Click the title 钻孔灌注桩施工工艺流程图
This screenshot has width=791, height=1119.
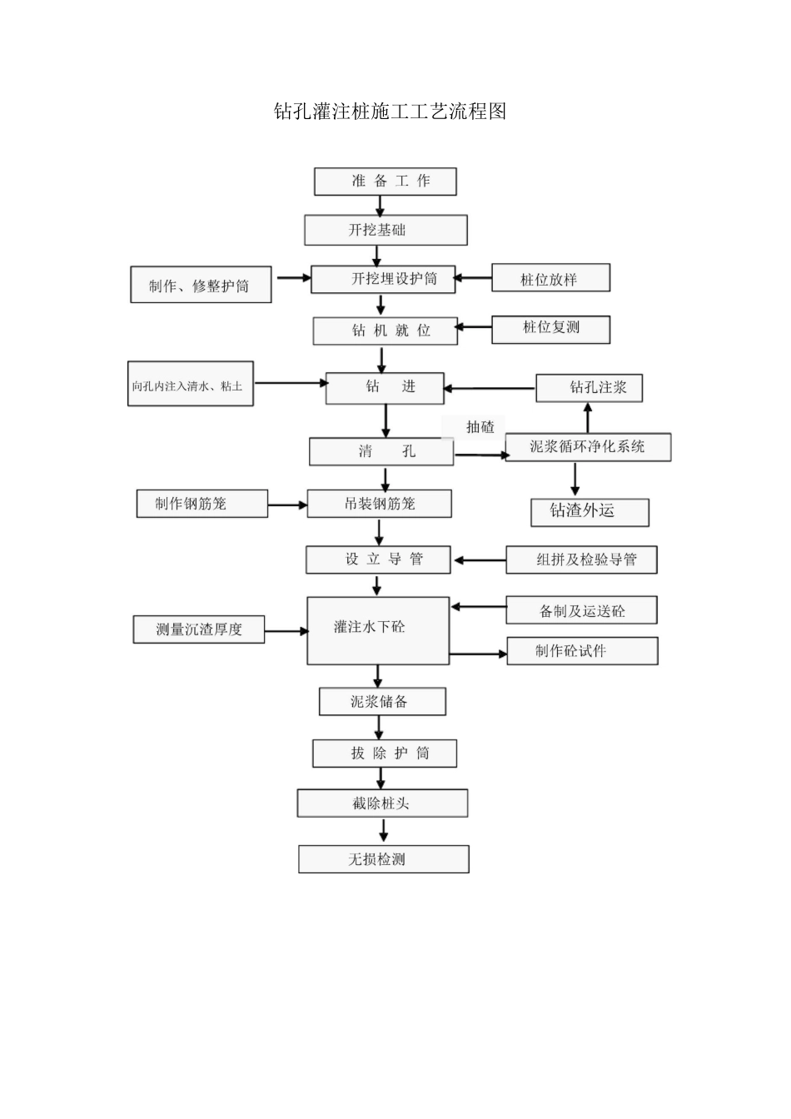tap(390, 112)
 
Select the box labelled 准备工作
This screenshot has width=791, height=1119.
tap(385, 182)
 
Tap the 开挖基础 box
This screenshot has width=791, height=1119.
tap(385, 231)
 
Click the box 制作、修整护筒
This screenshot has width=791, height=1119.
tap(201, 286)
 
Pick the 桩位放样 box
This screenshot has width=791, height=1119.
tap(550, 278)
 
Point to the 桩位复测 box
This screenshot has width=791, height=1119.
tap(550, 329)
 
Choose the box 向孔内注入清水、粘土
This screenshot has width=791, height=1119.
tap(190, 384)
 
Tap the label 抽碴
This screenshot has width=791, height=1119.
tap(480, 427)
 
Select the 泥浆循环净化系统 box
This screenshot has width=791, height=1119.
tap(588, 447)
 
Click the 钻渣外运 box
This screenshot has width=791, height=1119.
tap(590, 512)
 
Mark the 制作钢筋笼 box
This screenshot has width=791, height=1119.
tap(201, 504)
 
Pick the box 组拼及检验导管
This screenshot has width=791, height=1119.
tap(581, 559)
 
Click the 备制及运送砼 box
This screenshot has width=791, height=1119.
tap(581, 610)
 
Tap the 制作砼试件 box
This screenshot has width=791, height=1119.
tap(581, 651)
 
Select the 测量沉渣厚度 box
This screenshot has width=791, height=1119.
tap(198, 629)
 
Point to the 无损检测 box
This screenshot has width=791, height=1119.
tap(383, 859)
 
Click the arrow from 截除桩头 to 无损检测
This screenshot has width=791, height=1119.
tap(383, 831)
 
